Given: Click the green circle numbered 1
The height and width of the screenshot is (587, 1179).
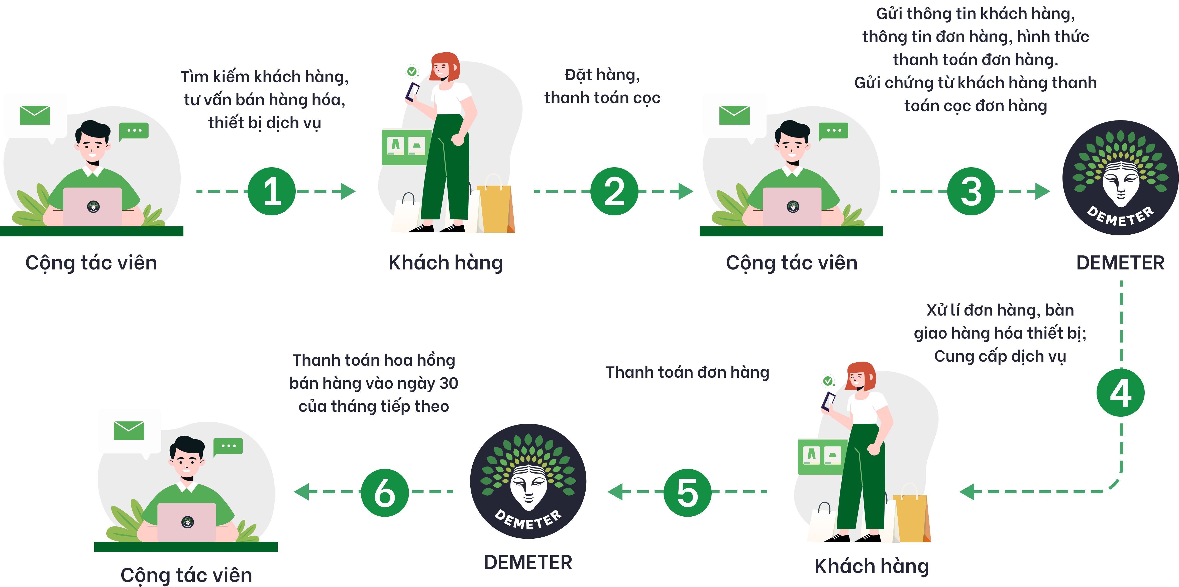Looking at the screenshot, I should pos(272,191).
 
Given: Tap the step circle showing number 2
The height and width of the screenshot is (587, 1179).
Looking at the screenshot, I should pos(614,191).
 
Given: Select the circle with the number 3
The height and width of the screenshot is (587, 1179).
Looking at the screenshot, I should pos(971,191).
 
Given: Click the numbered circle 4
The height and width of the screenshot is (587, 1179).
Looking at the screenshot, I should pos(1120,393).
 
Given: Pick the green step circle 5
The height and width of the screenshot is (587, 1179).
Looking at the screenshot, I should pos(687,492).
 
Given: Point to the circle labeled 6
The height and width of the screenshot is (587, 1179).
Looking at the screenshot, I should pos(384,492).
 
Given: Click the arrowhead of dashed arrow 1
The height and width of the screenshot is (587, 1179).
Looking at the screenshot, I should pos(349,191).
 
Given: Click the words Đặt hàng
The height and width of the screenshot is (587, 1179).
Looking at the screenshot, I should pos(602,75).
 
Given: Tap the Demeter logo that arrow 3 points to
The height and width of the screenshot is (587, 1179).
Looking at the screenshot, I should pos(1120,178).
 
